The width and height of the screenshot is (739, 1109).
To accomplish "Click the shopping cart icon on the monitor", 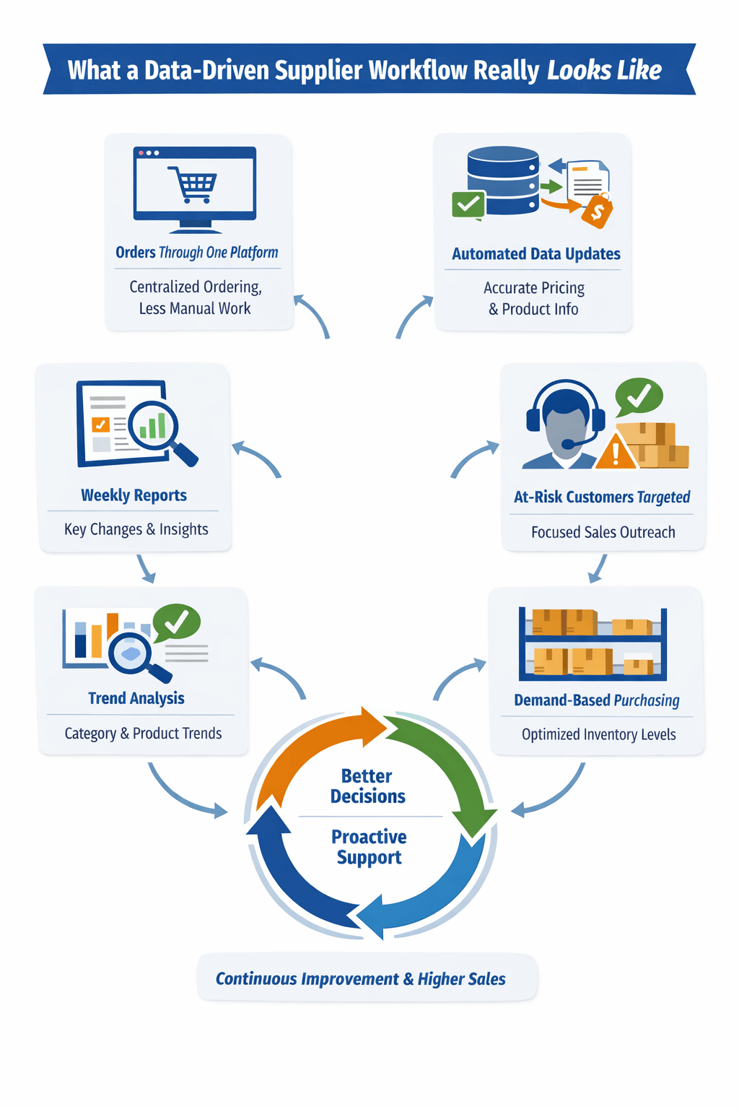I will pos(193,184).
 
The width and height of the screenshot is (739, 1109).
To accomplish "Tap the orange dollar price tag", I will pos(598,212).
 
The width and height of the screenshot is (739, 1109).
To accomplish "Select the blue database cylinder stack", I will pos(503,181).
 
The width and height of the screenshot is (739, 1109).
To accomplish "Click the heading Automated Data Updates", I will pos(535,254).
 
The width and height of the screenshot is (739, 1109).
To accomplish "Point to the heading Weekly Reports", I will pos(134,495).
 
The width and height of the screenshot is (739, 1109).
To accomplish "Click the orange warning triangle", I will pos(616,451).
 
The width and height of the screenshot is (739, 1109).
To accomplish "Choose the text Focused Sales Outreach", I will pos(603,532).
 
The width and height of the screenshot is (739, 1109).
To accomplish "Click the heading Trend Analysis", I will pos(136,698).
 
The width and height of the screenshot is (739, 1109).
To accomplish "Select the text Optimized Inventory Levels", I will pos(598,734).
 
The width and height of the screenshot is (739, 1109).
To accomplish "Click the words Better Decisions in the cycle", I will pos(367,786).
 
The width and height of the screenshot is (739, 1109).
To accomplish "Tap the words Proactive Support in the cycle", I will pos(369,847).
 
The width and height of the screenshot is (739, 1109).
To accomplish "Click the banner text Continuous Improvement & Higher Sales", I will pos(361,979).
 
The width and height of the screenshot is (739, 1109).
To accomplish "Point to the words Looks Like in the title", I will pos(604,71).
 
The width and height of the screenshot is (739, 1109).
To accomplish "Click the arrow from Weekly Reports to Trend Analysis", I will pos(146,569).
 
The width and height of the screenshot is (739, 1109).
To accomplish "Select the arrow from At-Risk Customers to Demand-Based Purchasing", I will pos(598,568).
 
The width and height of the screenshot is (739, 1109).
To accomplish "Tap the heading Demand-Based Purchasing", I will pos(596,700).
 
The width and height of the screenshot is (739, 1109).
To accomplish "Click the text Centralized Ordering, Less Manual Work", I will pos(195,297).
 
